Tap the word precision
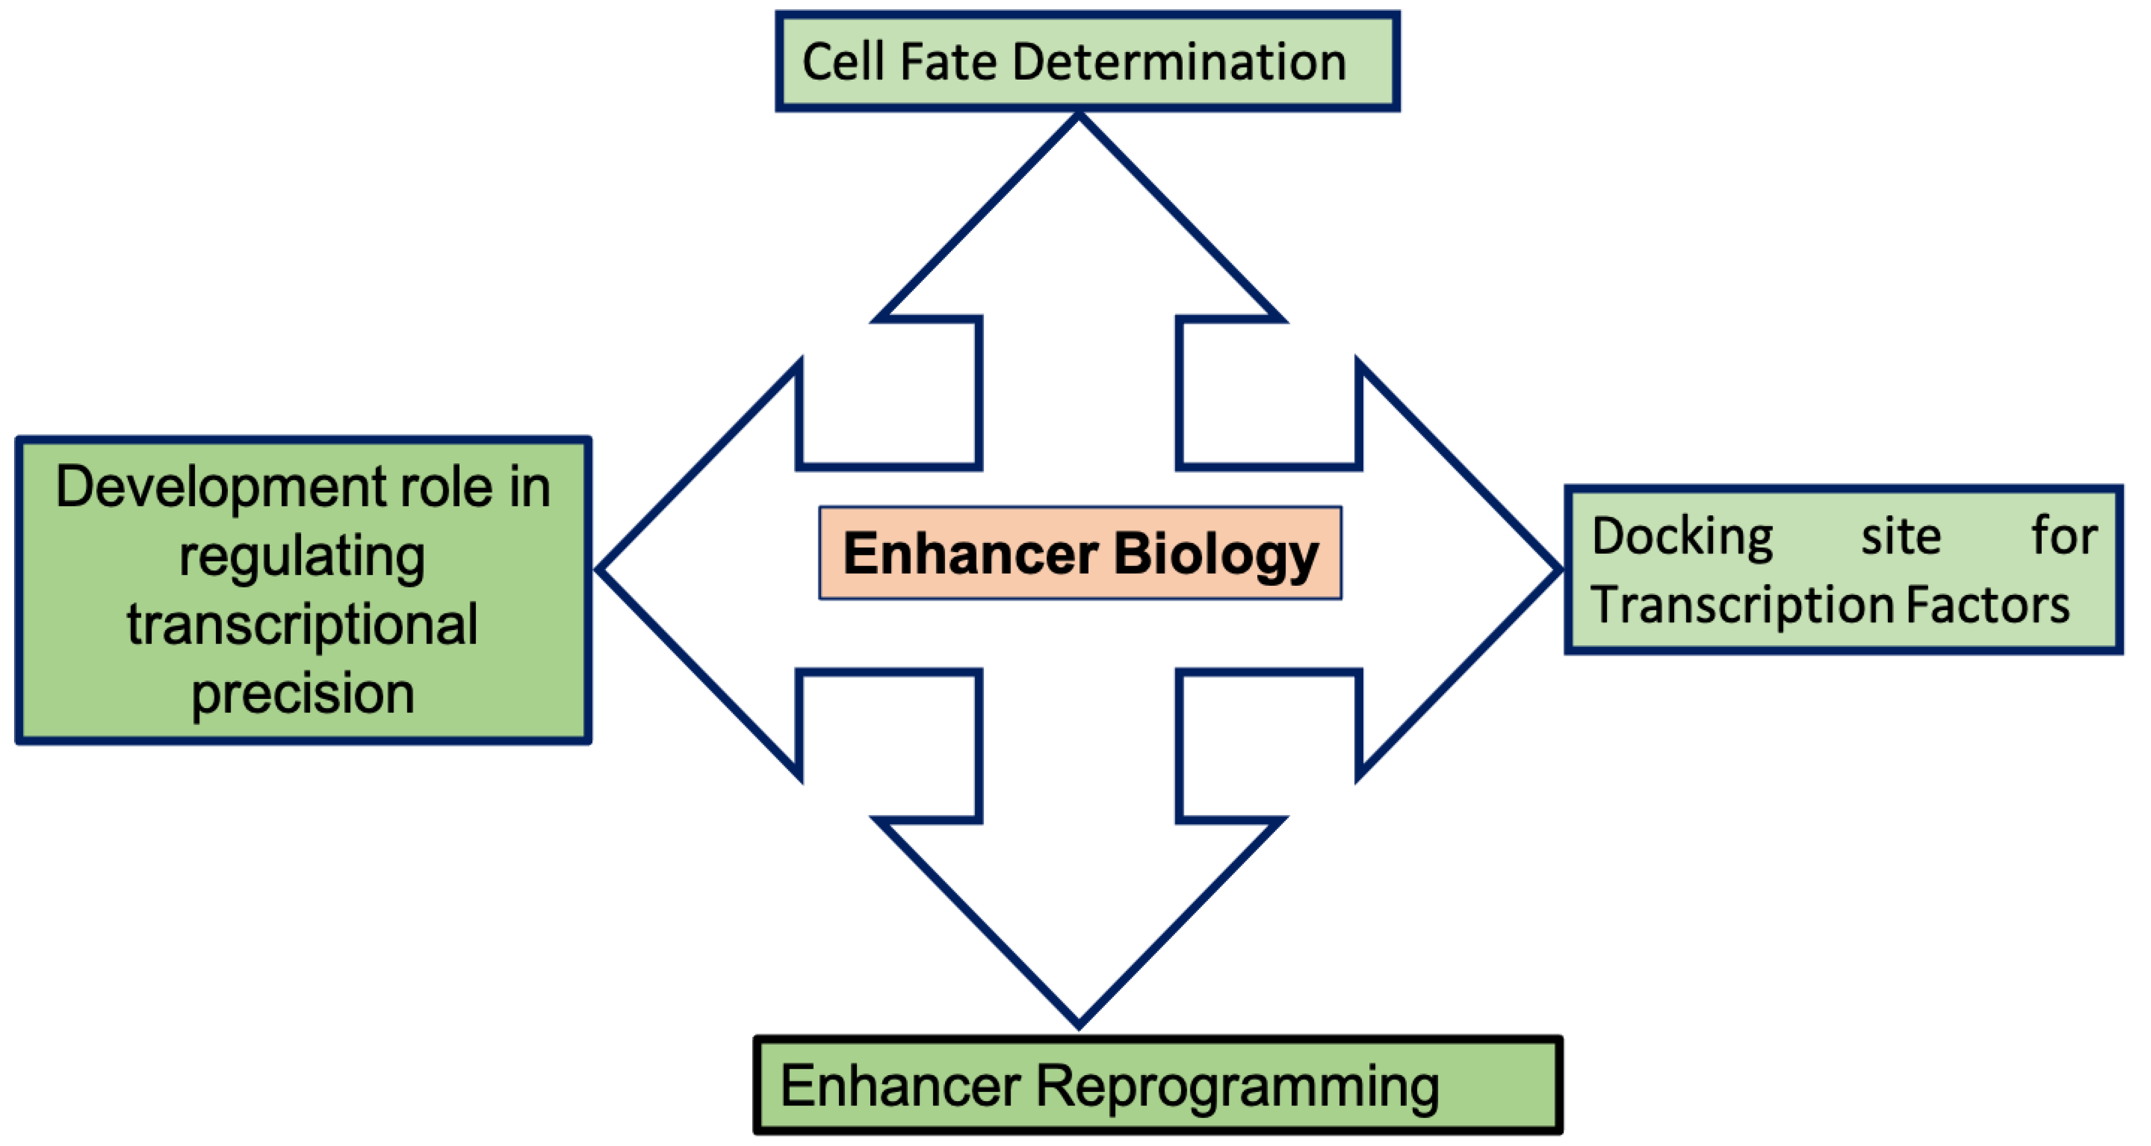pos(302,693)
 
